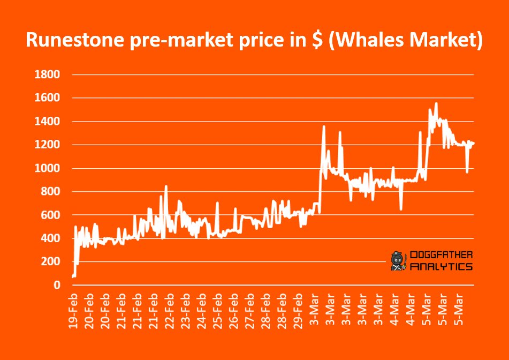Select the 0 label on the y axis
click(x=56, y=285)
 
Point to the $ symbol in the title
click(x=318, y=41)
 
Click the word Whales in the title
click(x=374, y=41)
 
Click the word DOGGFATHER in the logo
click(x=440, y=256)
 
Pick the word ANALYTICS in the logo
click(x=440, y=266)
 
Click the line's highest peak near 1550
click(x=436, y=103)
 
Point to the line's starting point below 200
click(x=72, y=276)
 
